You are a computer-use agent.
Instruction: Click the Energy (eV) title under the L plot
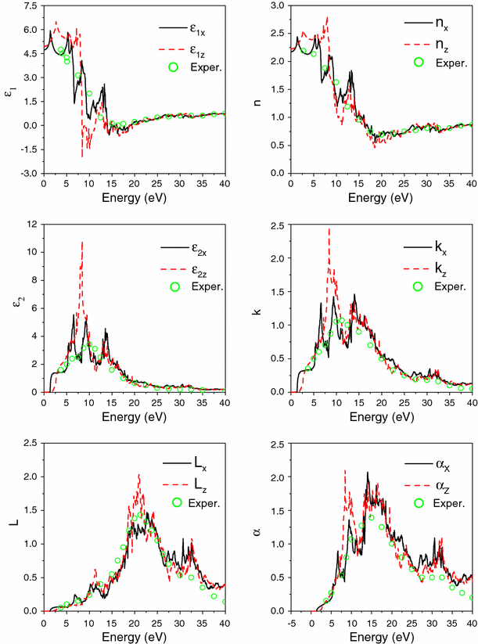click(134, 635)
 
